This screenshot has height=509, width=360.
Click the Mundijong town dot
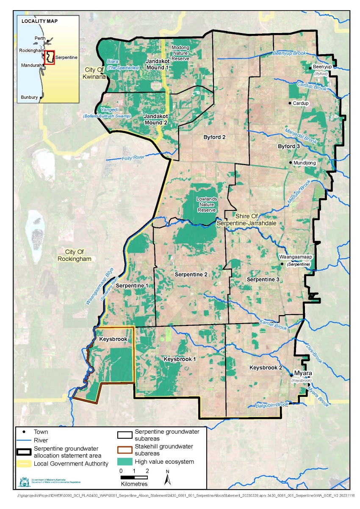[x=290, y=162]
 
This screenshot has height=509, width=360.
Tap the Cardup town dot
[x=290, y=103]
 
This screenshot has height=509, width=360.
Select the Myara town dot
[x=291, y=375]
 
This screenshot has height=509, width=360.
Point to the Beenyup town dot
[x=310, y=67]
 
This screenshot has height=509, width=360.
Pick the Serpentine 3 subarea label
[x=263, y=279]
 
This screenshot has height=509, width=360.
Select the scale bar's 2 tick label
[x=147, y=471]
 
